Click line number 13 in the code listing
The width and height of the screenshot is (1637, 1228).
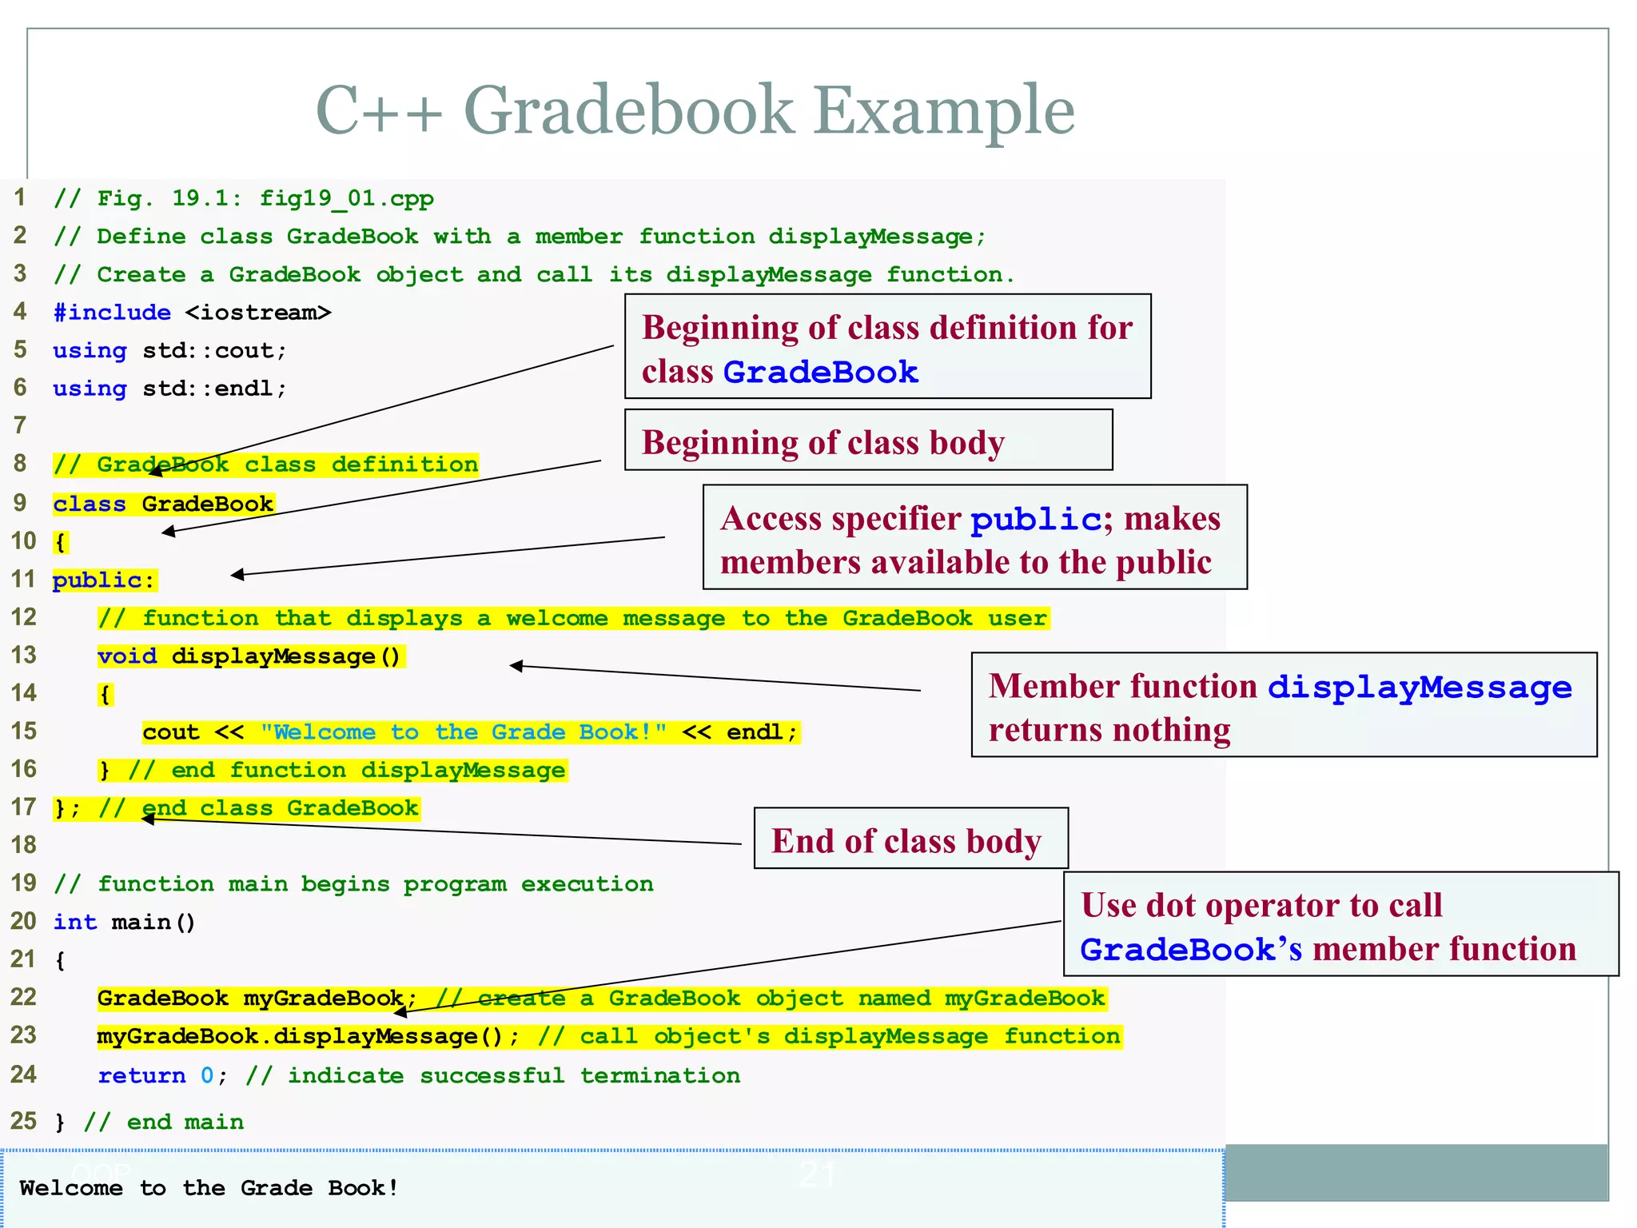point(24,655)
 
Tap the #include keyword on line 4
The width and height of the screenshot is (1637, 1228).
point(112,312)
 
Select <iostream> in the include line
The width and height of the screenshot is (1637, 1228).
point(257,312)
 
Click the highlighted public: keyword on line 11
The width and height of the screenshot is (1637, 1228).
point(104,580)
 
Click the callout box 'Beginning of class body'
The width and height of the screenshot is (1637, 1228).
point(868,441)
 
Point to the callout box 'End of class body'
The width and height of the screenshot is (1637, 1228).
point(910,839)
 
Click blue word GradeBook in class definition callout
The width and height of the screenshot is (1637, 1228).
point(821,373)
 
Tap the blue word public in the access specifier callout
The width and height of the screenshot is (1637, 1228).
point(1036,520)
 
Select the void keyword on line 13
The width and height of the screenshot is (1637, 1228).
point(127,656)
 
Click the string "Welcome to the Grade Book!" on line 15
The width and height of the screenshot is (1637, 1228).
point(464,732)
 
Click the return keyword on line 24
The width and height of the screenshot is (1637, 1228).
point(141,1075)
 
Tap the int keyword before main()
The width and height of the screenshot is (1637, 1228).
point(75,922)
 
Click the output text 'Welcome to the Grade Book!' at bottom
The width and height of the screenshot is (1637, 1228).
point(209,1188)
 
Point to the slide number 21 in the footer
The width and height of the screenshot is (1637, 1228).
point(817,1175)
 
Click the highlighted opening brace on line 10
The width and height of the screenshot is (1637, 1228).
point(61,542)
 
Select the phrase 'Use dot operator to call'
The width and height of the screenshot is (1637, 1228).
point(1261,905)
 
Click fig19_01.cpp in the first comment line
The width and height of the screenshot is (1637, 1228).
point(346,198)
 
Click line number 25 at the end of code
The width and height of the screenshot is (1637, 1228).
point(24,1121)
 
